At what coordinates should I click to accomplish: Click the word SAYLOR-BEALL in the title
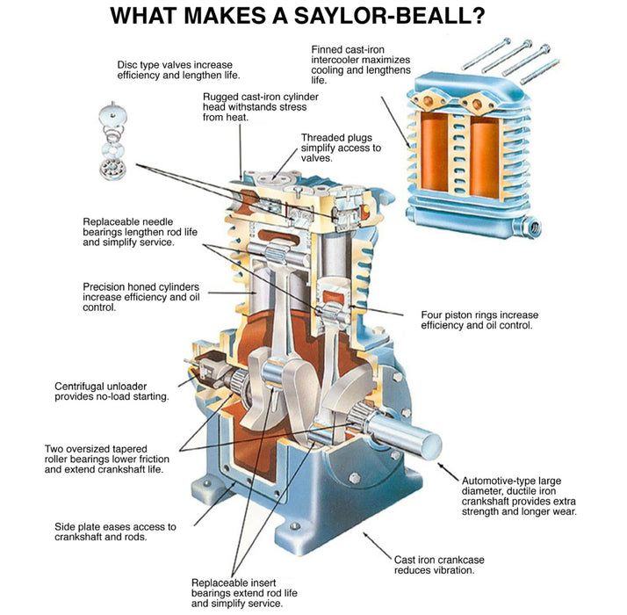[x=390, y=16]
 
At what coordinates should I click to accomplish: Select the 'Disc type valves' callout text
[x=178, y=70]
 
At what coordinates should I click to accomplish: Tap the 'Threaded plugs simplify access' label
[x=341, y=148]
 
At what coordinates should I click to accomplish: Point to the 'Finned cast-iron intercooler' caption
[x=361, y=65]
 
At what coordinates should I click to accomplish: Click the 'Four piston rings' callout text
[x=479, y=320]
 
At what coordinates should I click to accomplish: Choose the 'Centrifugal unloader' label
[x=112, y=391]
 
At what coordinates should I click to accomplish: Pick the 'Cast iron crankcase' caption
[x=439, y=565]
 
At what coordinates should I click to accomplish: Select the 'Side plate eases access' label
[x=115, y=532]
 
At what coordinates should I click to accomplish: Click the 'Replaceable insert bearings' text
[x=244, y=592]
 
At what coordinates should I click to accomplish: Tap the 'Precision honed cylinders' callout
[x=141, y=297]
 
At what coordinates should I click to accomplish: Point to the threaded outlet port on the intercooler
[x=533, y=228]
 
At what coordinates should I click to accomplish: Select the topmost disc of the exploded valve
[x=112, y=114]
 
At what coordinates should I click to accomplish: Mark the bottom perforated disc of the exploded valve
[x=112, y=168]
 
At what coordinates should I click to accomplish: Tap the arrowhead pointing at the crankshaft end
[x=441, y=466]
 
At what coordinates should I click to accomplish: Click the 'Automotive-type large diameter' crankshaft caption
[x=519, y=496]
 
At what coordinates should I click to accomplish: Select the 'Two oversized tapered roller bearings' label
[x=107, y=459]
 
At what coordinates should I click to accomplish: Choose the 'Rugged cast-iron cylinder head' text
[x=260, y=107]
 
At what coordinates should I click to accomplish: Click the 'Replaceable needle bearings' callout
[x=140, y=232]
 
